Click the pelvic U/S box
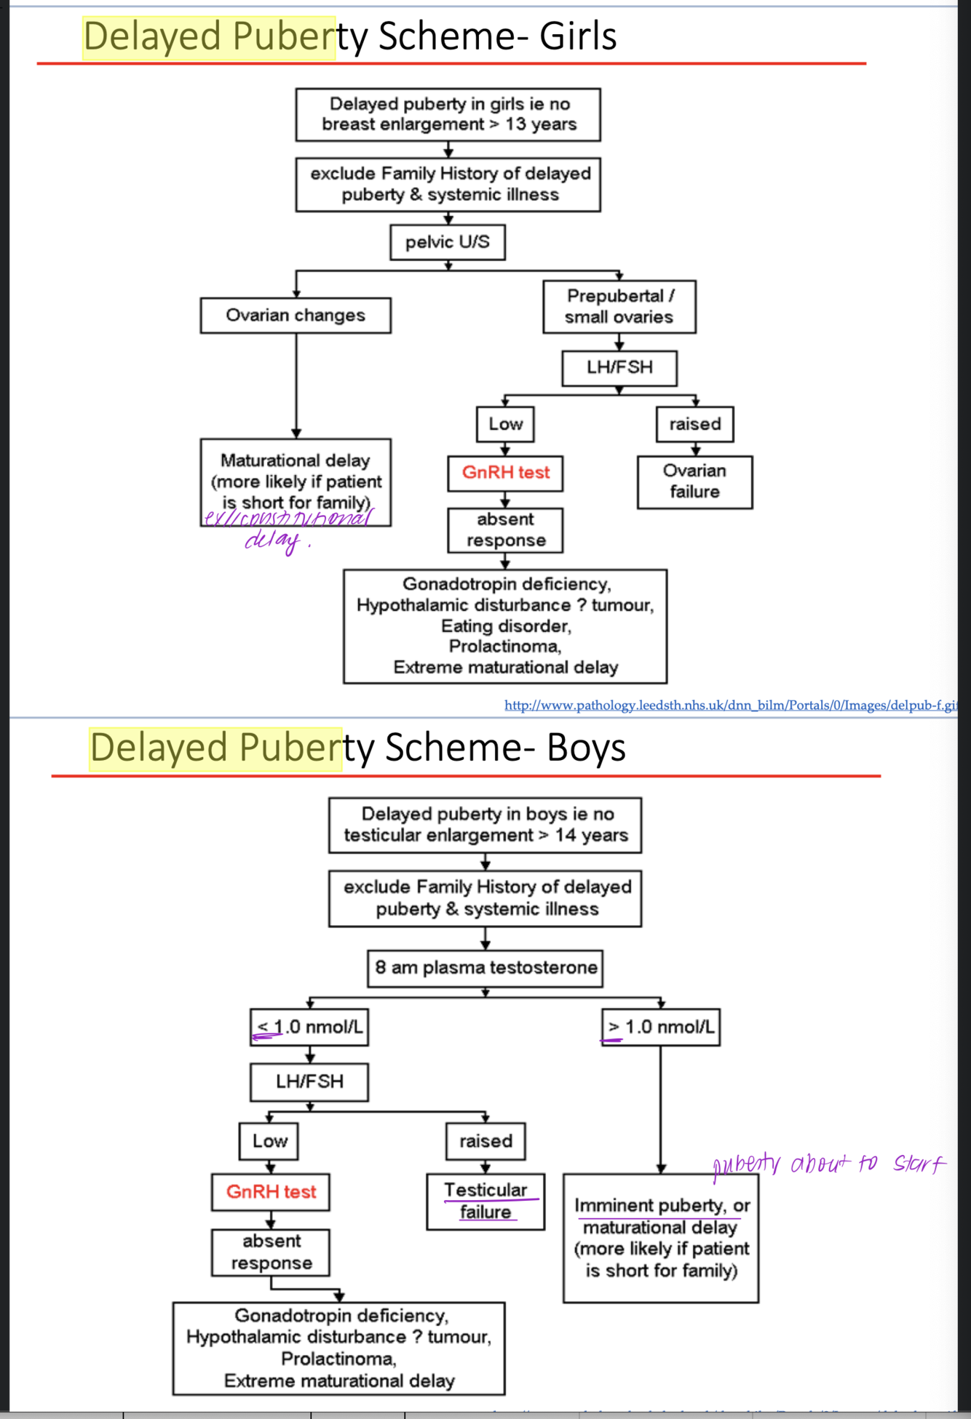447,242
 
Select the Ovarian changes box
296,316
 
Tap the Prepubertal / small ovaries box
619,306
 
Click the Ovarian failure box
694,481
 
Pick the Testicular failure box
485,1201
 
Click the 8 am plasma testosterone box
485,968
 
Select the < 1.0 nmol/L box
309,1027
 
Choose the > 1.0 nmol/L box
661,1027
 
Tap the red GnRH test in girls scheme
505,473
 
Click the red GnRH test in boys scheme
271,1192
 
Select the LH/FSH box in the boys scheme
309,1082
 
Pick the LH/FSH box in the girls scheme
619,368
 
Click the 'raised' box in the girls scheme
694,424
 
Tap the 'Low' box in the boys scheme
269,1141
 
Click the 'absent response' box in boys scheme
271,1252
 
